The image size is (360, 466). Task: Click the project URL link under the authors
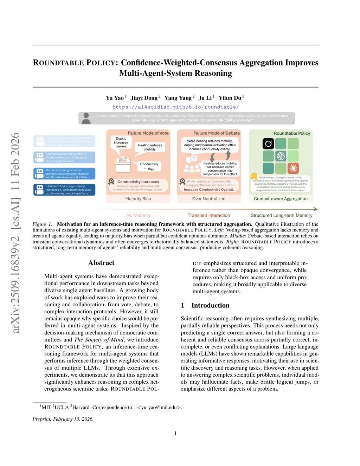click(x=175, y=107)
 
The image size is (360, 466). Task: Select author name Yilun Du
click(x=230, y=98)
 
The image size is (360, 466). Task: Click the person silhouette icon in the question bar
click(x=86, y=118)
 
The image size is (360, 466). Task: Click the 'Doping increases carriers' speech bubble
click(x=121, y=142)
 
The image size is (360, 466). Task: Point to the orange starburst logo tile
click(x=293, y=168)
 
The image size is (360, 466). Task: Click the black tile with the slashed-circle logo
click(x=268, y=143)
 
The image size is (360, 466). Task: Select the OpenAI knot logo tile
click(x=281, y=156)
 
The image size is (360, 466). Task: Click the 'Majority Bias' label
click(x=138, y=199)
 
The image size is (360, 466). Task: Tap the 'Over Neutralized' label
click(x=209, y=199)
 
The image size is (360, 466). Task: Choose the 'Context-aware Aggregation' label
click(x=281, y=199)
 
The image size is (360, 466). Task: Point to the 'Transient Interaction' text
click(x=208, y=215)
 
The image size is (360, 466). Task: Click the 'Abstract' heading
click(x=101, y=263)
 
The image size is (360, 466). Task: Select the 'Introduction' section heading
click(x=210, y=305)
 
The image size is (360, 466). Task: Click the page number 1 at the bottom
click(x=175, y=433)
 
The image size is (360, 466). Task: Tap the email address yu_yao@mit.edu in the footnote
click(x=159, y=407)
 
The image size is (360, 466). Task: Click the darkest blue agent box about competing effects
click(x=64, y=190)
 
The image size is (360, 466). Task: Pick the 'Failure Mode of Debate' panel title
click(x=217, y=133)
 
